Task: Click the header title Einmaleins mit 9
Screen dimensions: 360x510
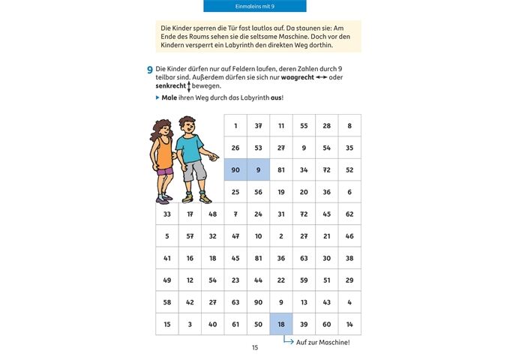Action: [x=255, y=7]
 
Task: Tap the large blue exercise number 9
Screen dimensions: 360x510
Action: [x=150, y=69]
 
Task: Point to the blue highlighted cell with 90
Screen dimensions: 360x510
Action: [x=235, y=169]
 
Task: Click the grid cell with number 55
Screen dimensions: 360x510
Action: [x=304, y=125]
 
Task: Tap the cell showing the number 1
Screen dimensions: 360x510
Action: [x=235, y=125]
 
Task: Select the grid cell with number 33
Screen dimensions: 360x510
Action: [x=166, y=214]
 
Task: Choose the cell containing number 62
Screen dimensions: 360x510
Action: [x=349, y=214]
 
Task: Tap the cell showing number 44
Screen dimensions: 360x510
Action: [x=258, y=280]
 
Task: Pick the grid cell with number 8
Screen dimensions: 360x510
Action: [x=349, y=125]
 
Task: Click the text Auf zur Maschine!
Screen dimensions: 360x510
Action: [x=322, y=343]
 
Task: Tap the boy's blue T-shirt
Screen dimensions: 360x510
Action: [x=190, y=147]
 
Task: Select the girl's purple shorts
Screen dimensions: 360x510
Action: [x=164, y=172]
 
